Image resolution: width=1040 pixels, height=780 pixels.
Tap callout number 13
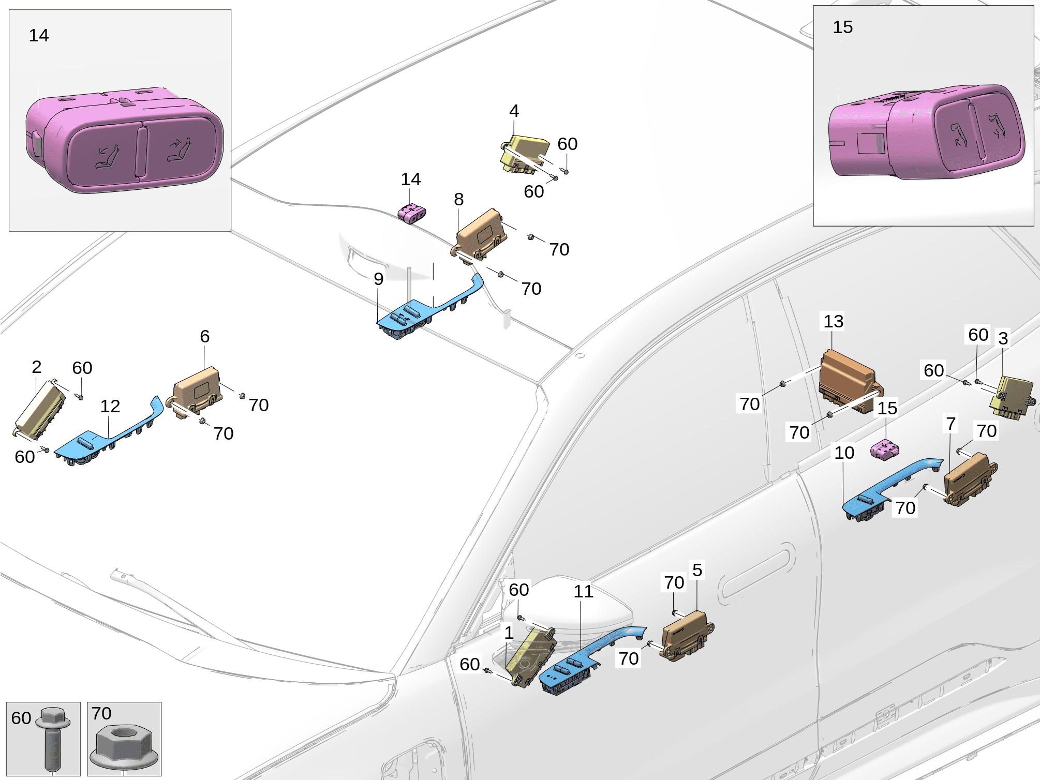(x=833, y=321)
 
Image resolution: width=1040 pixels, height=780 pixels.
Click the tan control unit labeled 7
(x=968, y=479)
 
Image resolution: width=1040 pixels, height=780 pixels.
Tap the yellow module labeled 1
(x=533, y=657)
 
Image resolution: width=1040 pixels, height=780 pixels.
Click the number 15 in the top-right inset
(x=842, y=27)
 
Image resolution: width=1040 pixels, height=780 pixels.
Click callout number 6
(x=204, y=336)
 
